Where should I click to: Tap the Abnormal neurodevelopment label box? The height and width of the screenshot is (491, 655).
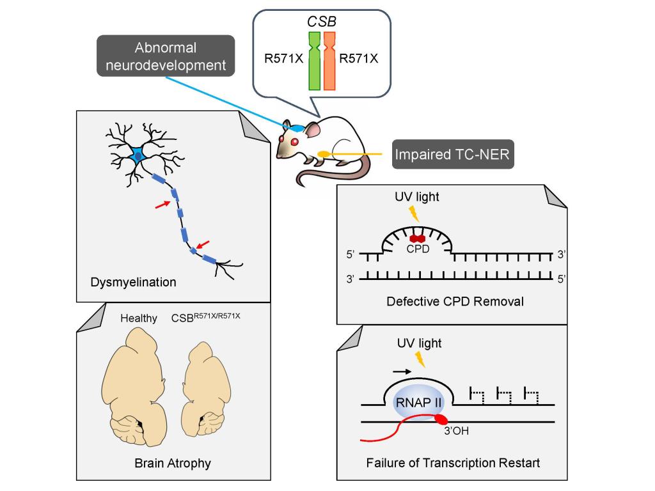coord(166,56)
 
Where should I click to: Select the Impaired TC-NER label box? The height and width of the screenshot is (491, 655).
coord(453,154)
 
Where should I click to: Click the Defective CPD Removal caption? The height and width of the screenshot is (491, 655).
coord(455,300)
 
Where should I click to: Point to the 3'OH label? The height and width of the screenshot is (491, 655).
coord(457,431)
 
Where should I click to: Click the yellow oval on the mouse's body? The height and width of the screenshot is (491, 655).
coord(324,154)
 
